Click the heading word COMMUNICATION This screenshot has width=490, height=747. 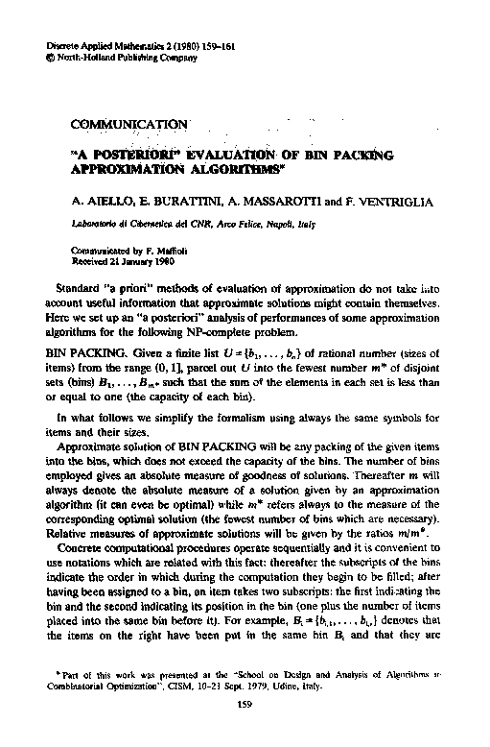pyautogui.click(x=128, y=124)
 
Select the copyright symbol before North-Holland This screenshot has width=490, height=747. pyautogui.click(x=50, y=58)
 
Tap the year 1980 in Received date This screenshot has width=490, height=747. pyautogui.click(x=144, y=260)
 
